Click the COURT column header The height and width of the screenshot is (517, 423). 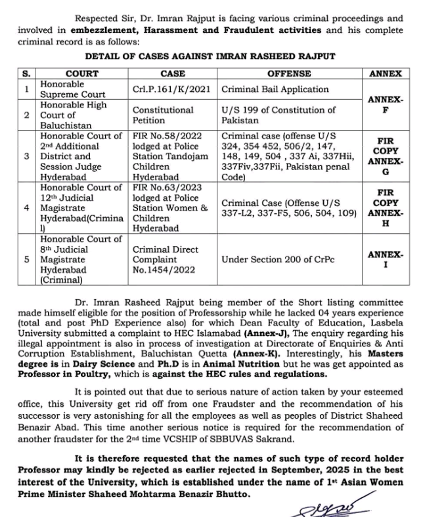coord(82,74)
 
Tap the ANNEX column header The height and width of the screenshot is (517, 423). coord(386,74)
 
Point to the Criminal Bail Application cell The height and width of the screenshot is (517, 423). coord(275,89)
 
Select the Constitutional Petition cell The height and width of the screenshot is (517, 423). coord(163,115)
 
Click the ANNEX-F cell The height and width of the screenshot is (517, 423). coord(386,105)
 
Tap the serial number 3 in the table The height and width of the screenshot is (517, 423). coord(27,157)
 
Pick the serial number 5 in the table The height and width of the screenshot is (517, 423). coord(27,260)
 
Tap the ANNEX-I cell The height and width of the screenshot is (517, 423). coord(386,259)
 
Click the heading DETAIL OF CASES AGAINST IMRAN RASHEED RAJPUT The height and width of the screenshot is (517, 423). coord(210,57)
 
